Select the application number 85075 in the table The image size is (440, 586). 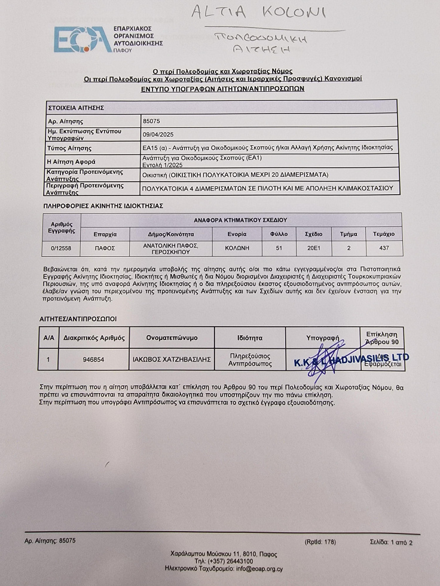click(152, 121)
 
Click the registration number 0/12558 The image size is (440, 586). click(62, 248)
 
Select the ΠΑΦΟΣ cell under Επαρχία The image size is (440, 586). click(105, 248)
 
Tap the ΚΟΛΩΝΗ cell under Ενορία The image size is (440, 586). click(237, 248)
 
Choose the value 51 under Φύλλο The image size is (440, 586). click(279, 248)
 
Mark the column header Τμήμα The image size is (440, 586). click(349, 234)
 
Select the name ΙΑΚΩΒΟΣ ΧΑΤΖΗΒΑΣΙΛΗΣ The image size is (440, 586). click(171, 360)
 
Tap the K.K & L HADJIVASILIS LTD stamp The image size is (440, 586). click(351, 359)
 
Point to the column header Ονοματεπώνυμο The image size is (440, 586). click(172, 338)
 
